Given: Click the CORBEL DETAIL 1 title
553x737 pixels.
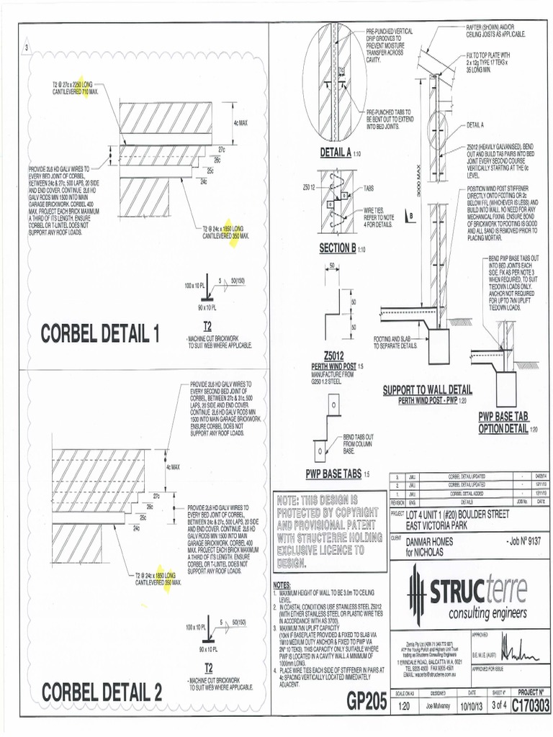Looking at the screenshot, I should pyautogui.click(x=100, y=333).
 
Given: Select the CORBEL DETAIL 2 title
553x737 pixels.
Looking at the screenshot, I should pyautogui.click(x=102, y=692).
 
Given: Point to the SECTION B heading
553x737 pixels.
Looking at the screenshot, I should pyautogui.click(x=338, y=249).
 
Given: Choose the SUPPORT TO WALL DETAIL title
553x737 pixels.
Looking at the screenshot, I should pyautogui.click(x=427, y=389).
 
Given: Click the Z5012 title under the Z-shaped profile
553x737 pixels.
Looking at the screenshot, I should pyautogui.click(x=335, y=355).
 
